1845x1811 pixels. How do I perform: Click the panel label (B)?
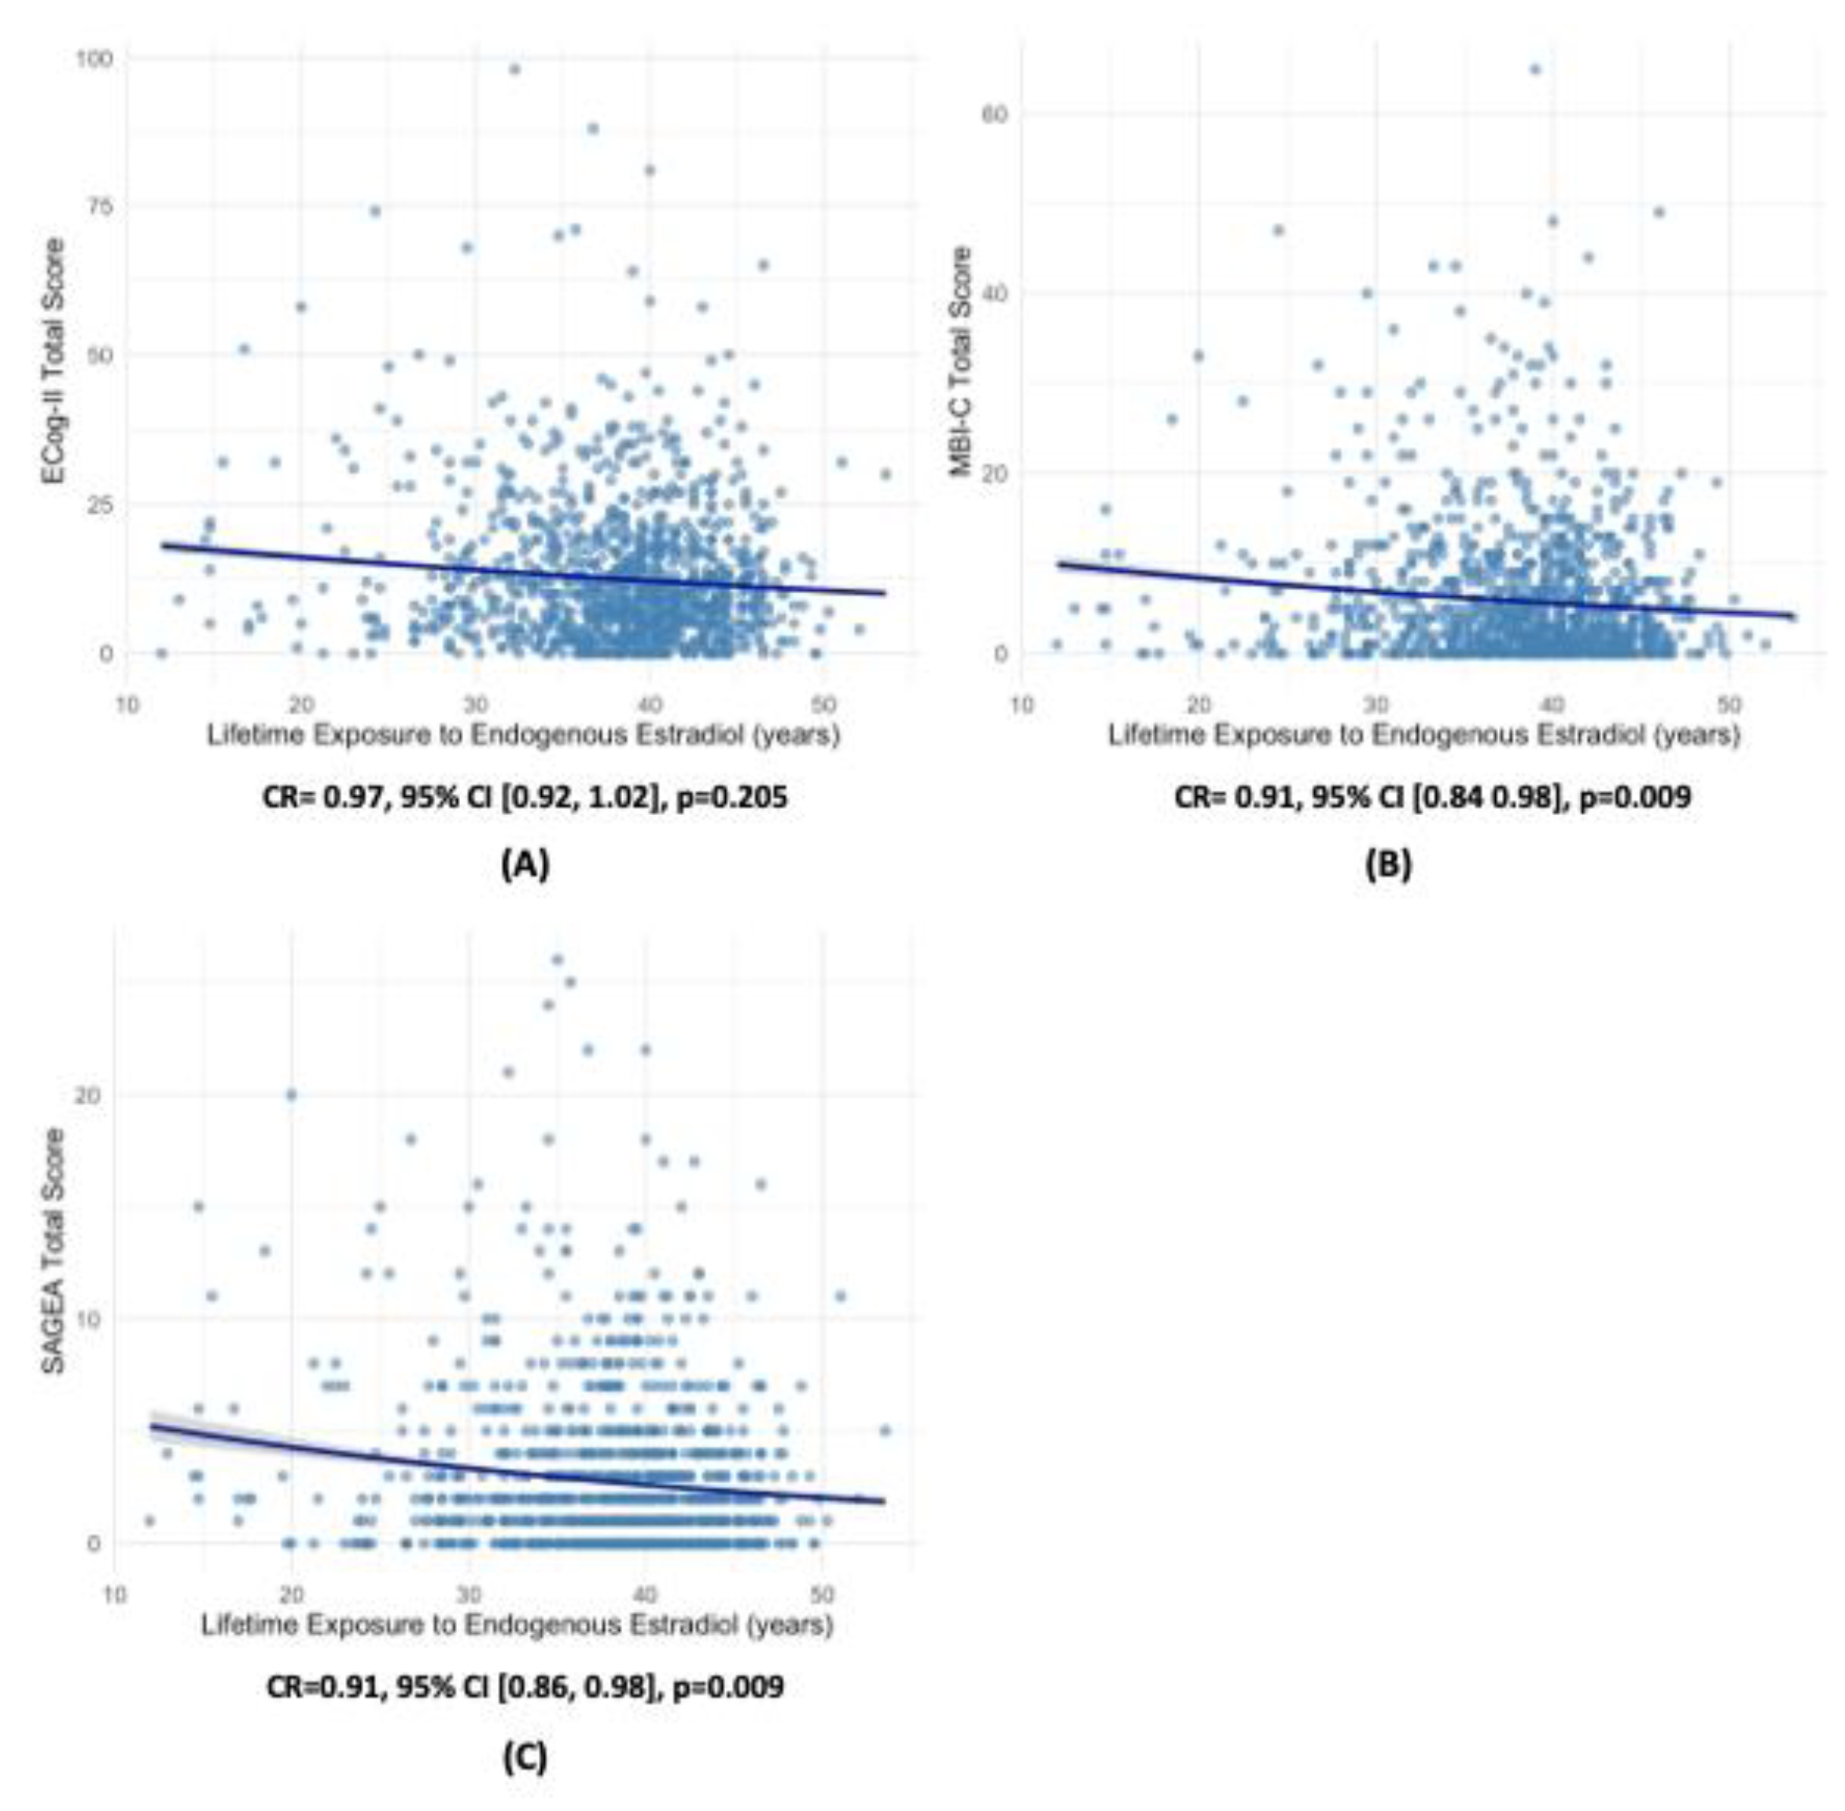tap(1387, 864)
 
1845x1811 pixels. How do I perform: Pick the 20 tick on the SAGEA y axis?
tap(87, 1096)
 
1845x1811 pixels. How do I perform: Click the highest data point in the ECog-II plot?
tap(514, 69)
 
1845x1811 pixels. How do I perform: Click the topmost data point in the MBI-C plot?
tap(1534, 69)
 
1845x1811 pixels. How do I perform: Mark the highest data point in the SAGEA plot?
tap(558, 960)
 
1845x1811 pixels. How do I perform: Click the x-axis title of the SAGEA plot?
tap(517, 1625)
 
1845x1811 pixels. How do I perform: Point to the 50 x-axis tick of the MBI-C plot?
tap(1728, 705)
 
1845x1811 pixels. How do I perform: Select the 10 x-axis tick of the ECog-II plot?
tap(127, 705)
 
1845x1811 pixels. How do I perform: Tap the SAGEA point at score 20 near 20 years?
tap(291, 1095)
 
